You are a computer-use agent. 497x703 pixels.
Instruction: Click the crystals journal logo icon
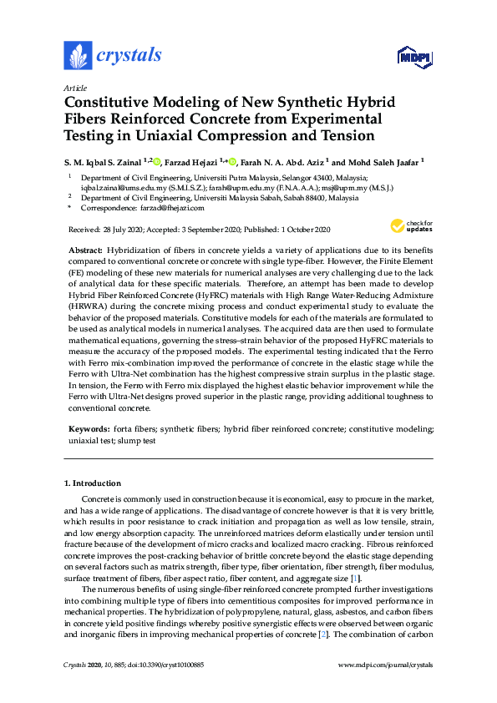[78, 56]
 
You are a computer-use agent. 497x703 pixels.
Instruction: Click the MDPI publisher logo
[413, 57]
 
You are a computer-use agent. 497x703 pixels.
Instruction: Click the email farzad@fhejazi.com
[171, 209]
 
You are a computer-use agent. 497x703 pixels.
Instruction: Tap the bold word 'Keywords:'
[88, 428]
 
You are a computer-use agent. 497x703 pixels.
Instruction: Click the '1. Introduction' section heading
[93, 483]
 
